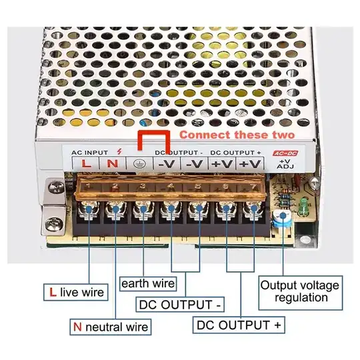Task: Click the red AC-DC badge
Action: (284, 153)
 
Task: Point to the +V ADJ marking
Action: (285, 164)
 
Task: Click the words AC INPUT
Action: (89, 153)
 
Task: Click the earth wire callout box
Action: (148, 283)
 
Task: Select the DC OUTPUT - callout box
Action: (181, 305)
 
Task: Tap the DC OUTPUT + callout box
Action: (239, 325)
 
